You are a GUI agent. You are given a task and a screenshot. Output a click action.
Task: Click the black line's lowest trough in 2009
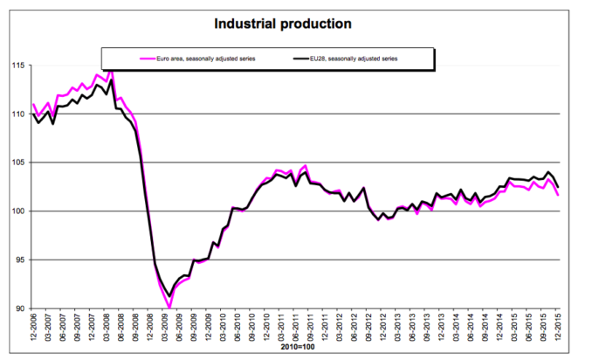(x=169, y=296)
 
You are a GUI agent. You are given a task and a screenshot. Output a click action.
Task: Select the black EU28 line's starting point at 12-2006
(x=33, y=114)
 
